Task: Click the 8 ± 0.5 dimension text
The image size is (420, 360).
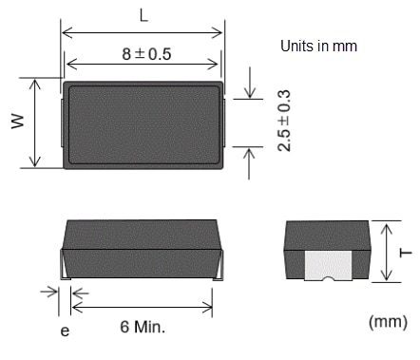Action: pos(143,53)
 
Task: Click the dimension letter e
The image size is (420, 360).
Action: pos(65,332)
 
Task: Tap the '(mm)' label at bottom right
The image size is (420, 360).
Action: pos(387,323)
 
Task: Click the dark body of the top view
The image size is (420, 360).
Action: pos(143,124)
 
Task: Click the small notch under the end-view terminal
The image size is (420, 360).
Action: pos(326,278)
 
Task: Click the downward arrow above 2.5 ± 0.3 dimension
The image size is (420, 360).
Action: pos(249,92)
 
